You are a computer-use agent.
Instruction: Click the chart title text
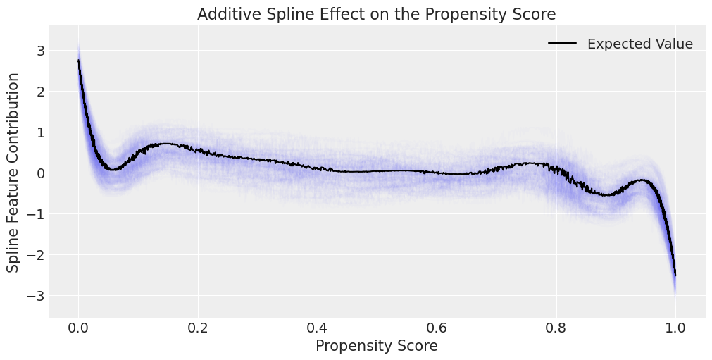tap(377, 14)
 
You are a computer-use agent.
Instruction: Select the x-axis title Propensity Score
tap(377, 346)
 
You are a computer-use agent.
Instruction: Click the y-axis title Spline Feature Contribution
tap(13, 172)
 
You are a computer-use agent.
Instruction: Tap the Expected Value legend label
tap(639, 44)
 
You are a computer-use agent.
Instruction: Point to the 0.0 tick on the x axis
tap(78, 328)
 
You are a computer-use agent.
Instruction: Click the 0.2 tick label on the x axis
tap(198, 328)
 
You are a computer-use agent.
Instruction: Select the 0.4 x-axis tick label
tap(318, 328)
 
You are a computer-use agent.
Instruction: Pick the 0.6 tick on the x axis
tap(437, 328)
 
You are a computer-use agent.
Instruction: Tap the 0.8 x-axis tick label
tap(556, 328)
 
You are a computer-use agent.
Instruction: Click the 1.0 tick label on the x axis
tap(676, 328)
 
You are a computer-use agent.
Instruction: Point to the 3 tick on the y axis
tap(41, 51)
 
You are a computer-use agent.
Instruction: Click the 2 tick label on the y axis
tap(41, 92)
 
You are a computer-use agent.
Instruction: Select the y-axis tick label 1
tap(41, 132)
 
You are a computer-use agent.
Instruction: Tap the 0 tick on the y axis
tap(41, 173)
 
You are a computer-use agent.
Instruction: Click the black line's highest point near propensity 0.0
tap(78, 61)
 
